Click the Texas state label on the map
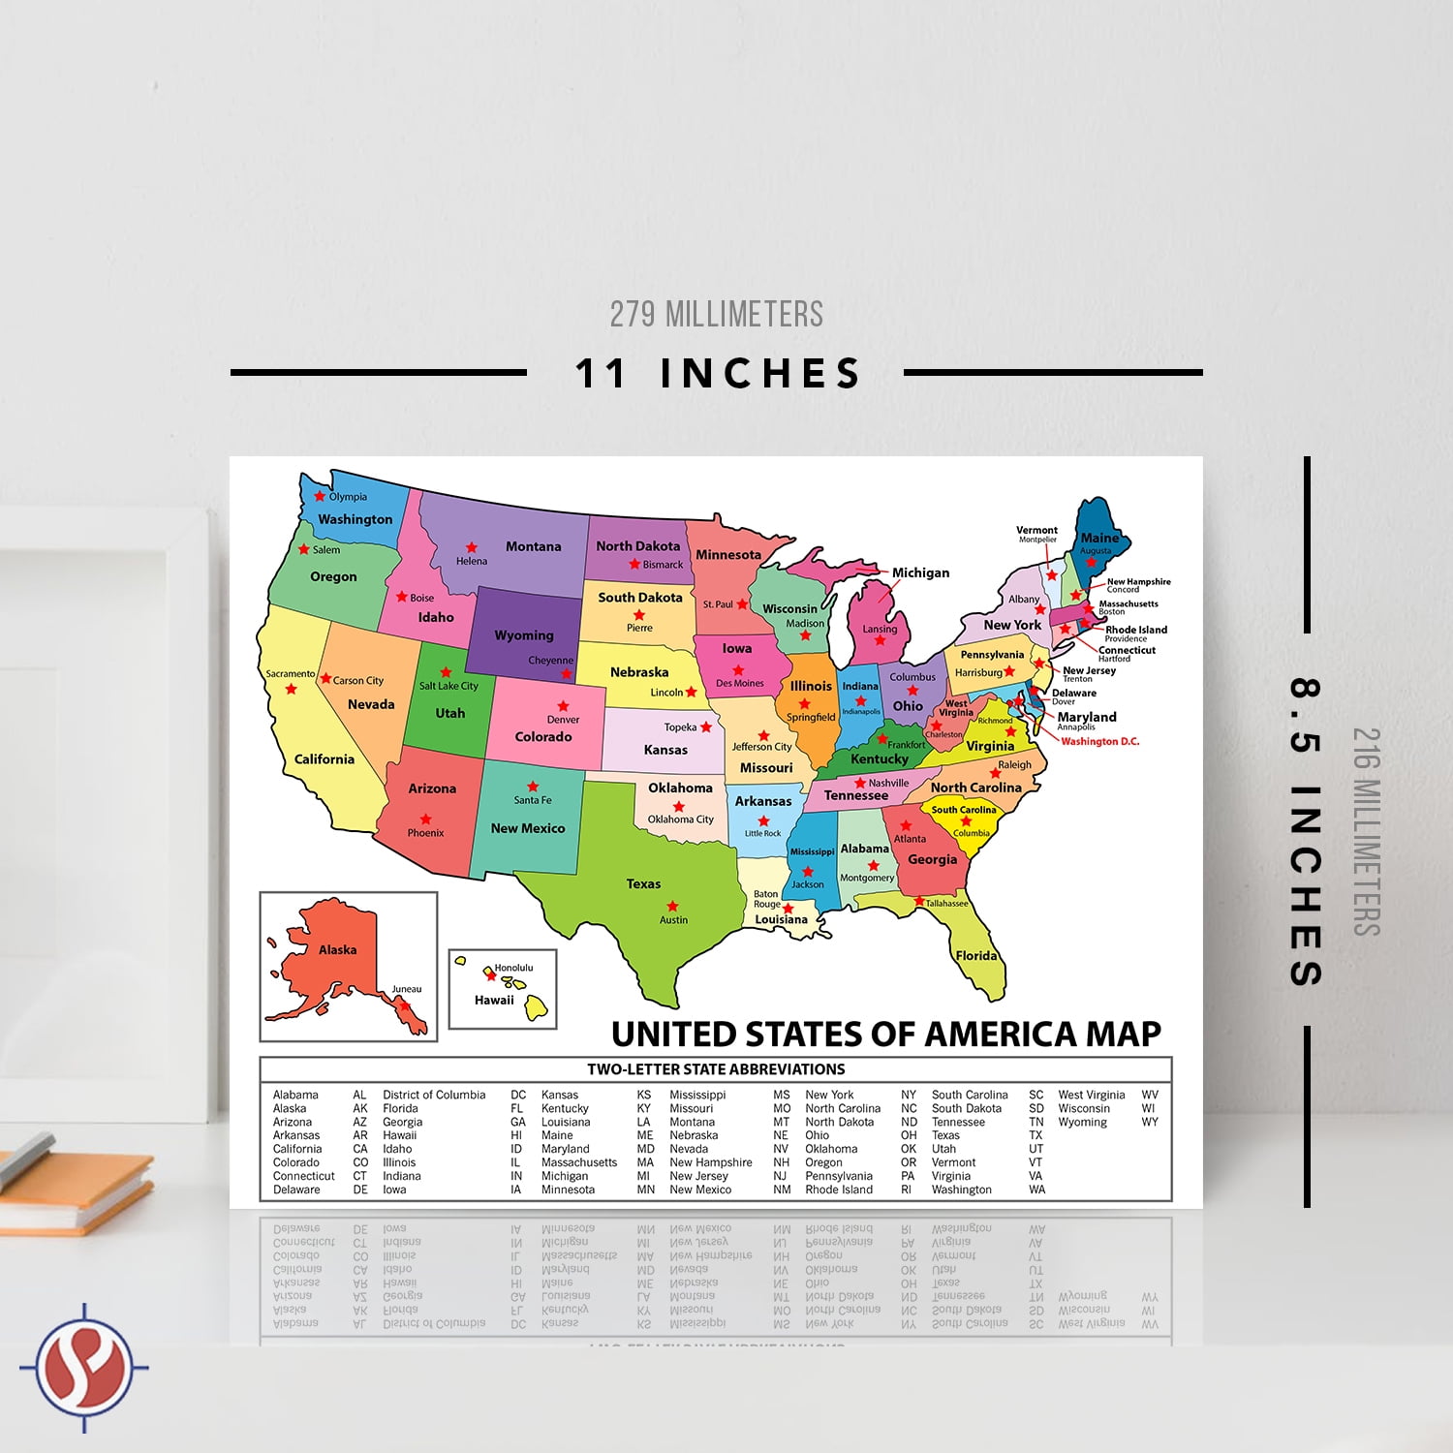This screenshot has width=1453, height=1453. click(x=643, y=883)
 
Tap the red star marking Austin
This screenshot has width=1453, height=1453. click(x=672, y=907)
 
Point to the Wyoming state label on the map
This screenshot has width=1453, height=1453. click(x=524, y=635)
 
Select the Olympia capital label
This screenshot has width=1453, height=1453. click(x=348, y=497)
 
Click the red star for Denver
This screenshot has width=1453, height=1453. click(x=563, y=706)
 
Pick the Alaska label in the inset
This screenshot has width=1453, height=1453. click(x=337, y=950)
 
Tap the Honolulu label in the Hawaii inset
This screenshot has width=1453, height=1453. click(x=513, y=968)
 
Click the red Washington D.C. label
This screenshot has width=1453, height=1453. click(x=1099, y=742)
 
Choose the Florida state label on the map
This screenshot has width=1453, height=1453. click(x=976, y=956)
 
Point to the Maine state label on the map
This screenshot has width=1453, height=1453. click(x=1099, y=538)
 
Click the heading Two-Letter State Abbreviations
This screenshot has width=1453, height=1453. click(x=716, y=1069)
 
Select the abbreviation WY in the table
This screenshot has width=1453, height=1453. click(x=1150, y=1122)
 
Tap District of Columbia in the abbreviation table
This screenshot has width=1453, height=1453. click(x=434, y=1095)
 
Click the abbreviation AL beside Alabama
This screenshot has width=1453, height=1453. click(x=359, y=1095)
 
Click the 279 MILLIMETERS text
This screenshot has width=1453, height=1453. click(x=717, y=314)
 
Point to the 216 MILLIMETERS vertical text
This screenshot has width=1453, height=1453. click(x=1365, y=831)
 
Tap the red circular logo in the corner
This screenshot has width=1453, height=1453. click(x=84, y=1368)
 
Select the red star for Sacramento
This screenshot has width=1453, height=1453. click(x=291, y=690)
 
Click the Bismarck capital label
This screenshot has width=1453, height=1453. click(x=663, y=565)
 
